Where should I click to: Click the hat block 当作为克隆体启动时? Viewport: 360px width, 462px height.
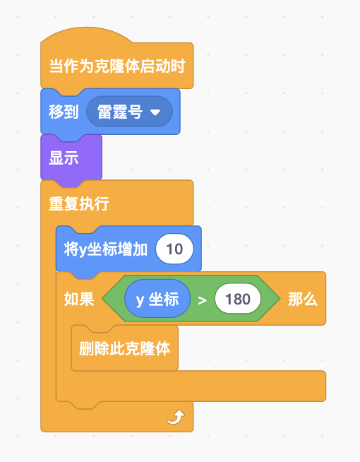pyautogui.click(x=117, y=66)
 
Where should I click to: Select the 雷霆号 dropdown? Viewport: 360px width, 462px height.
pyautogui.click(x=129, y=112)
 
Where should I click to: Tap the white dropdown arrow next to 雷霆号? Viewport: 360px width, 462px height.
pyautogui.click(x=155, y=112)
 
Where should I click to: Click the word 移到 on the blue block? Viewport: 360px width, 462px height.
pyautogui.click(x=64, y=112)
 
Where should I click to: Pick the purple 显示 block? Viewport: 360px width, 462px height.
pyautogui.click(x=71, y=158)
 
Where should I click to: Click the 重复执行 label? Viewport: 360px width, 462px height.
pyautogui.click(x=79, y=203)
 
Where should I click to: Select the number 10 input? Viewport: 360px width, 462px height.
pyautogui.click(x=174, y=249)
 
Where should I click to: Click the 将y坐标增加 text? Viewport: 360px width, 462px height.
pyautogui.click(x=105, y=249)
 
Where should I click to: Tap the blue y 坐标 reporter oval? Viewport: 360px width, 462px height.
pyautogui.click(x=157, y=299)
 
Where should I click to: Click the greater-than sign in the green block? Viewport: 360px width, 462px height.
pyautogui.click(x=202, y=300)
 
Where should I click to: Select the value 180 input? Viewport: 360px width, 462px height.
pyautogui.click(x=238, y=299)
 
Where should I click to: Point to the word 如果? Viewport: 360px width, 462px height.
pyautogui.click(x=79, y=300)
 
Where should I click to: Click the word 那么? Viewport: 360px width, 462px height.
pyautogui.click(x=303, y=300)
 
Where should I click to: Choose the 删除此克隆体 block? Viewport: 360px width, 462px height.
pyautogui.click(x=125, y=348)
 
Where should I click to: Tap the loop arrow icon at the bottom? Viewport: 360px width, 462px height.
pyautogui.click(x=176, y=417)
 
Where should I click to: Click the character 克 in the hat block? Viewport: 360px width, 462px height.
pyautogui.click(x=102, y=66)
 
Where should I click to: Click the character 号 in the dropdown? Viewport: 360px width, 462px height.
pyautogui.click(x=135, y=112)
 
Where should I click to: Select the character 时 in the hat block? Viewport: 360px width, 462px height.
pyautogui.click(x=178, y=66)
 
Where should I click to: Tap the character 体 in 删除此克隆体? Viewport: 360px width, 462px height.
pyautogui.click(x=163, y=348)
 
